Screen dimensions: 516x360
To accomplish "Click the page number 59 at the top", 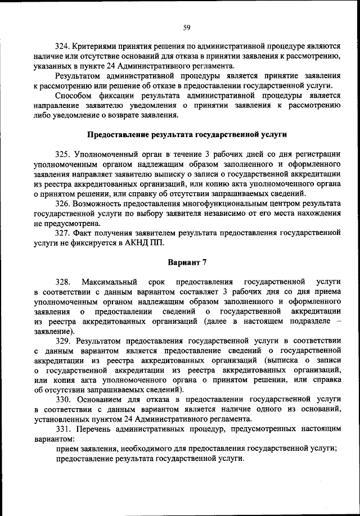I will [x=187, y=26].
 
